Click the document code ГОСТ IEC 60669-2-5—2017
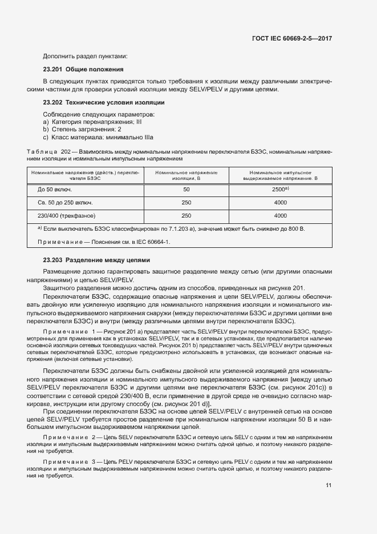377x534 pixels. tap(291, 38)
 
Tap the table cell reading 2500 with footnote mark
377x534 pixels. tap(280, 189)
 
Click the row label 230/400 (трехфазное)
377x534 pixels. tap(66, 216)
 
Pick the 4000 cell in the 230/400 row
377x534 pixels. tap(280, 216)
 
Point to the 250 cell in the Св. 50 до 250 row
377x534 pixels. tap(186, 202)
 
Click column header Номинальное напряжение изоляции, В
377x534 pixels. tap(186, 175)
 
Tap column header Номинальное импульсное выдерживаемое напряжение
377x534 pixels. tap(280, 175)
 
